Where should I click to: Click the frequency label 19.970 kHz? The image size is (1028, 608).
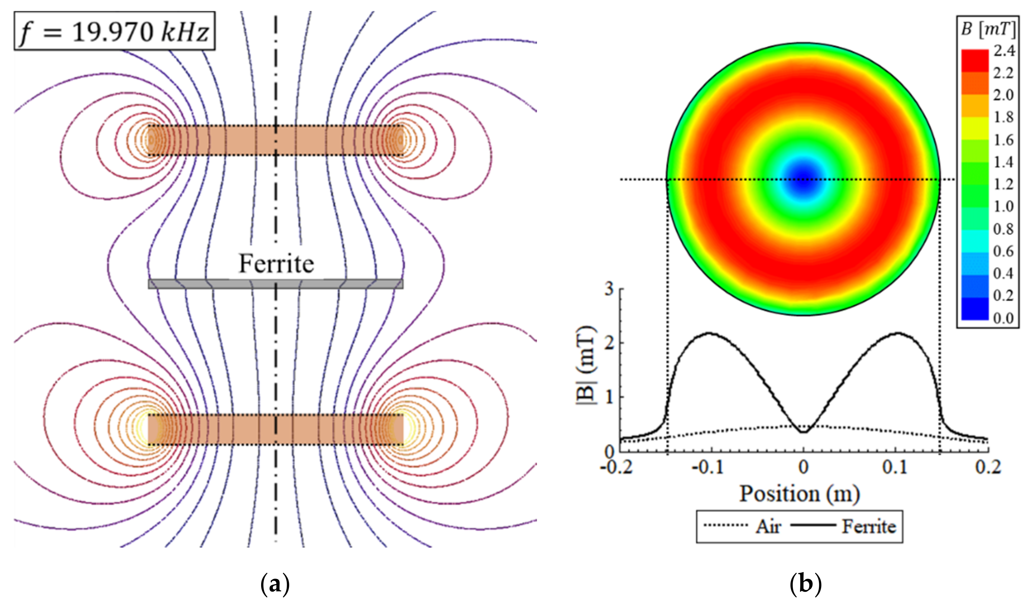[x=114, y=31]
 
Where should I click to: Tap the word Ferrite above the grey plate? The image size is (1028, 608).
[x=276, y=263]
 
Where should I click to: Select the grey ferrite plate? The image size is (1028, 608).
[x=276, y=284]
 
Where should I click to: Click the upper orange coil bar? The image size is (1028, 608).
[x=276, y=140]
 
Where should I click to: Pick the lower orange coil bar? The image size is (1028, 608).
[x=276, y=430]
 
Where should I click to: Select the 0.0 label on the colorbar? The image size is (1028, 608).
[x=1003, y=318]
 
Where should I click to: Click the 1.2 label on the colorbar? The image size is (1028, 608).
[x=1003, y=184]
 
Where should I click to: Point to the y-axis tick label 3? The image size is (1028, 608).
[x=609, y=289]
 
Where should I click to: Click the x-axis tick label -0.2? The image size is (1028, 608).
[x=616, y=467]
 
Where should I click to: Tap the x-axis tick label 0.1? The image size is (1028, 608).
[x=895, y=467]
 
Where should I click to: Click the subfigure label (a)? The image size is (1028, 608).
[x=275, y=585]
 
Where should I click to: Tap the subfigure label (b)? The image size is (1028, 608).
[x=805, y=585]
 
